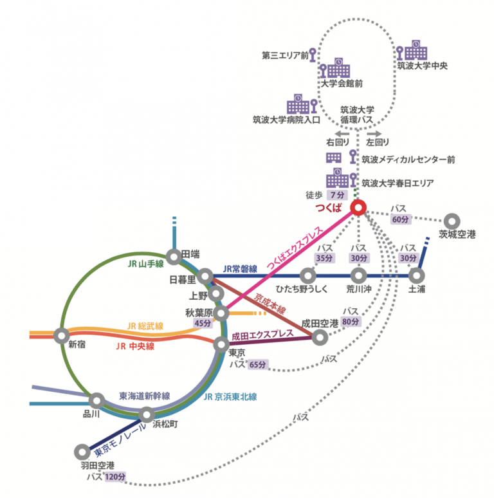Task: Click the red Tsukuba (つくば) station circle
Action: tap(359, 208)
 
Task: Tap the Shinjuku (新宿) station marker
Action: tap(62, 335)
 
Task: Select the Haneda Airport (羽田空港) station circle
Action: tap(82, 452)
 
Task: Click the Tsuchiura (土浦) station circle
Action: tap(417, 275)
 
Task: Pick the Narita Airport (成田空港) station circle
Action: tap(320, 337)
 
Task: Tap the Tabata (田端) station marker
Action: tap(174, 255)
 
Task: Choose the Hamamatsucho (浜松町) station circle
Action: tap(147, 414)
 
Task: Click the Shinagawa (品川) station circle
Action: tap(96, 400)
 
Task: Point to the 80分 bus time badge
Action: tap(351, 322)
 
